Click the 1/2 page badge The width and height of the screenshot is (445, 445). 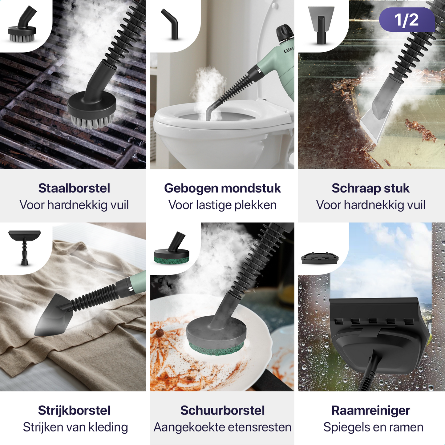pyautogui.click(x=407, y=20)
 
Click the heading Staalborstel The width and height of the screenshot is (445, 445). pyautogui.click(x=74, y=188)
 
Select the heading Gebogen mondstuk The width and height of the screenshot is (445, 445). pyautogui.click(x=222, y=188)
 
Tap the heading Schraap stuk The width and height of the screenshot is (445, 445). pyautogui.click(x=370, y=188)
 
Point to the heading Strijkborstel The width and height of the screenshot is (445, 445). pyautogui.click(x=74, y=410)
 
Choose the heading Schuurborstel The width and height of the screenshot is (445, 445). pyautogui.click(x=222, y=410)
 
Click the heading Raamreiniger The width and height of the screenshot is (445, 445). pyautogui.click(x=370, y=410)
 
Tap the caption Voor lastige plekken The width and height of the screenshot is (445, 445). pyautogui.click(x=222, y=205)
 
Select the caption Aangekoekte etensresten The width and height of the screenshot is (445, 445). pyautogui.click(x=222, y=427)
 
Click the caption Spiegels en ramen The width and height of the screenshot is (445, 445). pyautogui.click(x=373, y=427)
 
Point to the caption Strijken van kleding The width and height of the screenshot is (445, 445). pyautogui.click(x=75, y=427)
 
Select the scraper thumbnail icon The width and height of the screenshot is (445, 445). pyautogui.click(x=321, y=25)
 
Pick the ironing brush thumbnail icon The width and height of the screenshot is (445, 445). pyautogui.click(x=24, y=246)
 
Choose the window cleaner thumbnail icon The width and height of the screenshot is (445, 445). pyautogui.click(x=320, y=258)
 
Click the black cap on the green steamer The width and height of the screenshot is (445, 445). pyautogui.click(x=285, y=33)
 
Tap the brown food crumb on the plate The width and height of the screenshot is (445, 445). pyautogui.click(x=160, y=333)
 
